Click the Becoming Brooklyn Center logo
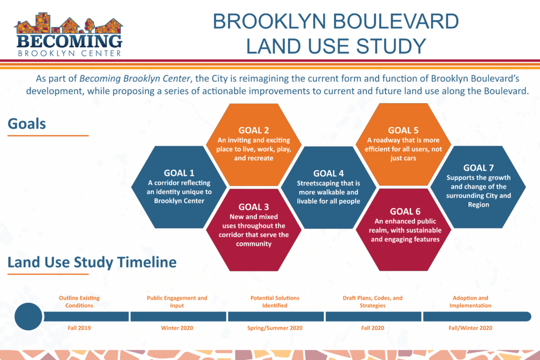pos(68,34)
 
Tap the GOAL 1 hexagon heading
pos(179,173)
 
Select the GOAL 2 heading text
pos(254,130)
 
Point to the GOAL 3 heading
pos(254,207)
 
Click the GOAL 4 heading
pos(329,173)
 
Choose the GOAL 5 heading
pos(403,130)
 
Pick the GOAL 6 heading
pos(405,211)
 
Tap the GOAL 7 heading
pos(478,168)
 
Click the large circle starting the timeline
pos(28,317)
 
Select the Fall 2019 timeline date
pos(79,328)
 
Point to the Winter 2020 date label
pos(177,328)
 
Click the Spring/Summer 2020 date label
pos(275,328)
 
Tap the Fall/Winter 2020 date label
pos(470,328)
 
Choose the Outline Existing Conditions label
pos(79,301)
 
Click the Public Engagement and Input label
pos(177,301)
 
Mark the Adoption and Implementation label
pos(470,301)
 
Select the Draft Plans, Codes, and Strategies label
pos(373,301)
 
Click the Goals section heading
pos(27,123)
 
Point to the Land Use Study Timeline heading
pos(92,262)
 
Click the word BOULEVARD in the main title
pos(396,21)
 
